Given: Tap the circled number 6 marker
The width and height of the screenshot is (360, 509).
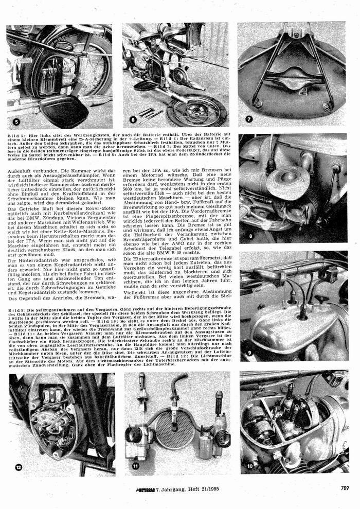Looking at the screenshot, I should pyautogui.click(x=132, y=120).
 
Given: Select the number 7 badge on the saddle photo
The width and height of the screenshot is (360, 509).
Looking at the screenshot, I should pyautogui.click(x=249, y=119).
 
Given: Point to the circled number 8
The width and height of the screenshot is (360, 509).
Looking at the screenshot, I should pyautogui.click(x=248, y=221).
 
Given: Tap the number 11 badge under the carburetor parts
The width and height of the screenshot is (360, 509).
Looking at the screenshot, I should pyautogui.click(x=135, y=466).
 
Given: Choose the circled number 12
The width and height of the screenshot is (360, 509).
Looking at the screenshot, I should pyautogui.click(x=19, y=467).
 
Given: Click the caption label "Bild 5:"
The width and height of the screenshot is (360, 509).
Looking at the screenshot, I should pyautogui.click(x=17, y=133).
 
